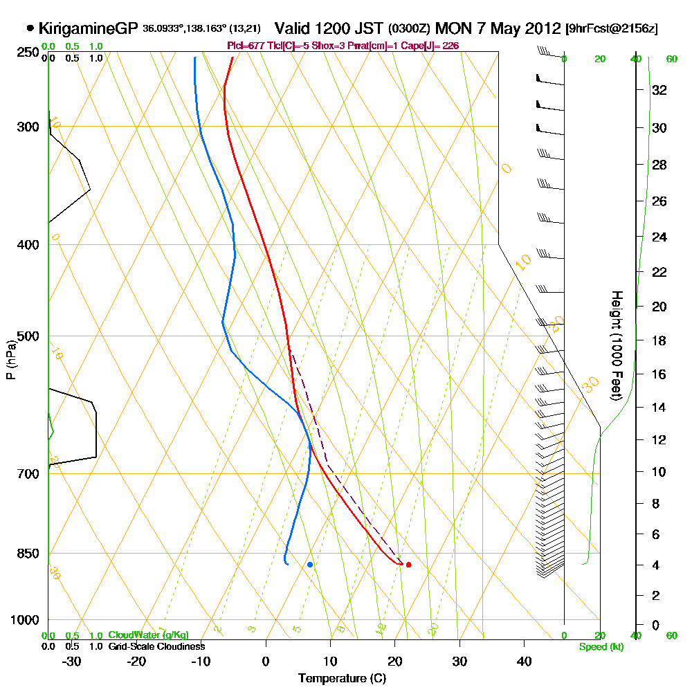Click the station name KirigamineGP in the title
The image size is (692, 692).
pyautogui.click(x=89, y=29)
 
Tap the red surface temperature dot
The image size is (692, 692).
pyautogui.click(x=409, y=565)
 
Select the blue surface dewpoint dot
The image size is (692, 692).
pyautogui.click(x=310, y=565)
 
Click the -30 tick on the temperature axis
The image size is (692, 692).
pyautogui.click(x=72, y=662)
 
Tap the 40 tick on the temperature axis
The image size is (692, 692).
pyautogui.click(x=524, y=662)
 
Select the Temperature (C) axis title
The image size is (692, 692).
pyautogui.click(x=342, y=679)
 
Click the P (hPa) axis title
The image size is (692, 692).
pyautogui.click(x=11, y=360)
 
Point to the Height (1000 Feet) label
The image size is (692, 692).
pyautogui.click(x=615, y=345)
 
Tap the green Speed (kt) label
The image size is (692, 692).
pyautogui.click(x=601, y=646)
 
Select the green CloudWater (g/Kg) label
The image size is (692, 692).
pyautogui.click(x=148, y=635)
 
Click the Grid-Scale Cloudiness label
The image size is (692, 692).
pyautogui.click(x=156, y=646)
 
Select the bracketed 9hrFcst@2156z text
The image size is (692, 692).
pyautogui.click(x=612, y=29)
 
